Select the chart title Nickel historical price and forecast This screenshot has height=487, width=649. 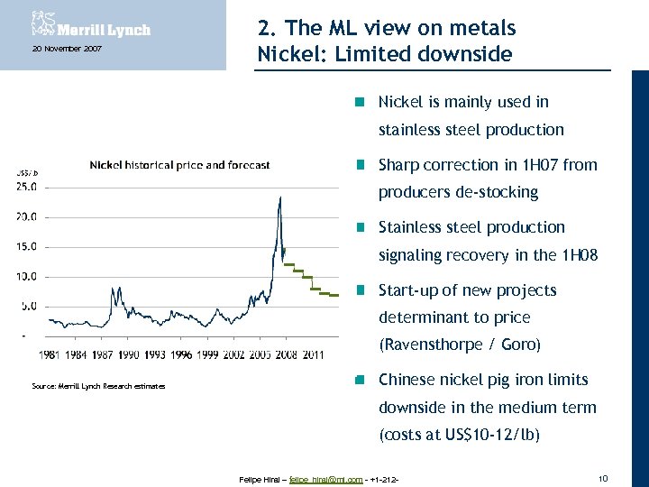(x=179, y=165)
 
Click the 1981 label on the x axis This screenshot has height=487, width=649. (x=50, y=354)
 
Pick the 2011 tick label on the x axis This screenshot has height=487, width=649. (x=313, y=354)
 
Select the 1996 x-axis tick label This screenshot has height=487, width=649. (x=181, y=354)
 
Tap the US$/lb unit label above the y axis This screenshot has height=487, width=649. (x=27, y=171)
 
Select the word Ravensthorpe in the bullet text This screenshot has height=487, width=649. (x=428, y=345)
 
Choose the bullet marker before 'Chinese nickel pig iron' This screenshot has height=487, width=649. (x=359, y=380)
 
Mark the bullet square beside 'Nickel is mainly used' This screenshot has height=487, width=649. (x=359, y=102)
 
